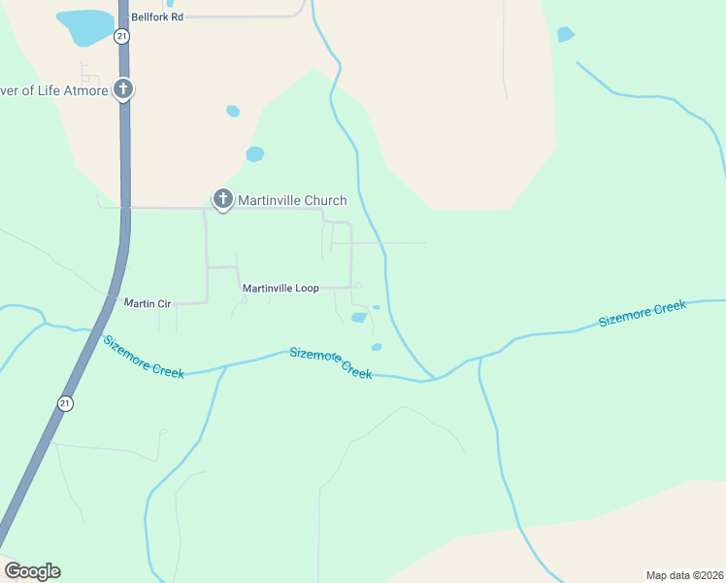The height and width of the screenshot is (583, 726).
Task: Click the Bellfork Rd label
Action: coord(158,17)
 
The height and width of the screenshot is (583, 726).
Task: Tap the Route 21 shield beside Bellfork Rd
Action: coord(120,35)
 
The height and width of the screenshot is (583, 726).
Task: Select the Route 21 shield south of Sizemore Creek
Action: coord(65,403)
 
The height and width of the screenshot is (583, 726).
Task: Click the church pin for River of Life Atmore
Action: coord(123,89)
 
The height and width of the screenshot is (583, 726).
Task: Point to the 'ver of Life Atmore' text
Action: coord(53,90)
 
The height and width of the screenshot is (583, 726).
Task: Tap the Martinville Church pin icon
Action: coord(222,200)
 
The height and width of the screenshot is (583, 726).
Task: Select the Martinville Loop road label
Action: coord(280,289)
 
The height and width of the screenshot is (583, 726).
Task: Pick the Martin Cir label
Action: coord(148,303)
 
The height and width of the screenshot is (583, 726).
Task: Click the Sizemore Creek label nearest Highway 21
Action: coord(144,357)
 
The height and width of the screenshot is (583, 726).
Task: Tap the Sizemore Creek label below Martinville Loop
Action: coord(330,362)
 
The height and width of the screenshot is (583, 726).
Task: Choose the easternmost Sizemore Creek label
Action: coord(642,313)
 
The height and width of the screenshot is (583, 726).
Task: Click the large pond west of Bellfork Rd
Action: coord(85,26)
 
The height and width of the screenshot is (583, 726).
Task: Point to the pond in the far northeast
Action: coord(565,35)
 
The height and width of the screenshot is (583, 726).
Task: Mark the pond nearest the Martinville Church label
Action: coord(255,154)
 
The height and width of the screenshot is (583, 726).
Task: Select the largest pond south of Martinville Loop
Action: coord(359,317)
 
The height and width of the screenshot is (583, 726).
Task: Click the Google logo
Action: coord(32,571)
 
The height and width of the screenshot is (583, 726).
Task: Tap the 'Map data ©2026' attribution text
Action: coord(684,575)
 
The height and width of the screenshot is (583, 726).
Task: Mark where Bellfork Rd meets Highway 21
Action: coord(124,17)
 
